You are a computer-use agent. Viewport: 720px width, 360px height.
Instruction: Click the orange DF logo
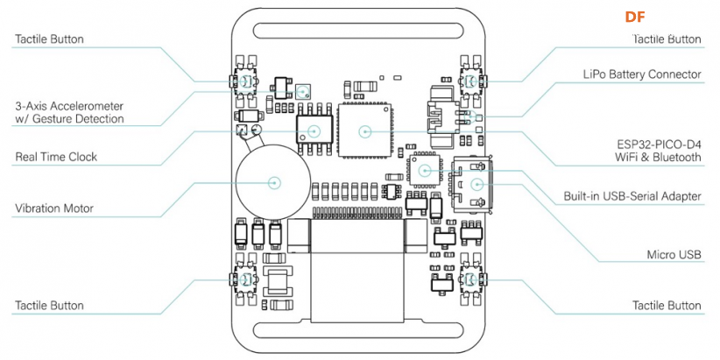tap(635, 17)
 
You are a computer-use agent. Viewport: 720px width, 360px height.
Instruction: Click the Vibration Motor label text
tap(54, 208)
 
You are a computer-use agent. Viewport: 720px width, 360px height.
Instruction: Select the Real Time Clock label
tap(56, 157)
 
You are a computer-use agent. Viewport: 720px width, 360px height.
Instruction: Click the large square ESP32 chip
tap(365, 131)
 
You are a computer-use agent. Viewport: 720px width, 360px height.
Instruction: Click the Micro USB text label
tap(674, 255)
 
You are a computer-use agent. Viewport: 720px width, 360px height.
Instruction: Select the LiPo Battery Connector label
tap(642, 74)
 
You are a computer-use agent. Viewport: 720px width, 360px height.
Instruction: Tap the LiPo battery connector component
tap(444, 117)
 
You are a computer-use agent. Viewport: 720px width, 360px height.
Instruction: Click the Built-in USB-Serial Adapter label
tap(632, 196)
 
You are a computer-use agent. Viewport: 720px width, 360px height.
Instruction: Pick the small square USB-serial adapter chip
tap(424, 169)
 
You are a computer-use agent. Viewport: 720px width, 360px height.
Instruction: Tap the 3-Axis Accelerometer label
tap(69, 112)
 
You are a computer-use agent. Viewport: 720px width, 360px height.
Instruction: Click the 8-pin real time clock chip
tap(314, 131)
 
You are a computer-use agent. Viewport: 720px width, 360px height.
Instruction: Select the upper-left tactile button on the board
tap(244, 81)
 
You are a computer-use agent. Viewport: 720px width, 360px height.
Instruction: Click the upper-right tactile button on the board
tap(471, 81)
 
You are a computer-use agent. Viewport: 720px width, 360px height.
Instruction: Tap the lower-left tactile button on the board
tap(244, 279)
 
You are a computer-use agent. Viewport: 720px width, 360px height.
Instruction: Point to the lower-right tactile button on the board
tap(471, 279)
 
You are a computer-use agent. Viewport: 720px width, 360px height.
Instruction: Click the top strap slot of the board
tap(357, 31)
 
